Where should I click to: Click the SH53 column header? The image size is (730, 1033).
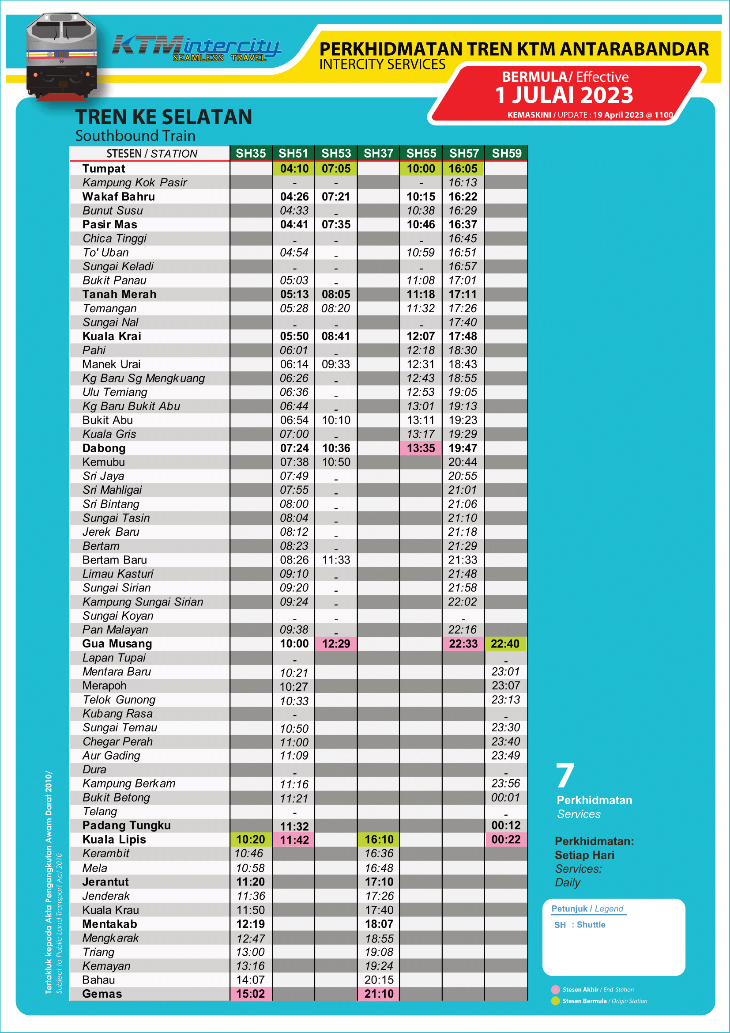pyautogui.click(x=336, y=153)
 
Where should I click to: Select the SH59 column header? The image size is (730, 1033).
pyautogui.click(x=506, y=153)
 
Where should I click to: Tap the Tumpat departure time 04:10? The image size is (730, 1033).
pyautogui.click(x=294, y=169)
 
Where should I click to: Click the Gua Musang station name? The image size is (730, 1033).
pyautogui.click(x=117, y=644)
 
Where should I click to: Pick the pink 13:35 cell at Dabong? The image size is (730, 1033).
pyautogui.click(x=421, y=448)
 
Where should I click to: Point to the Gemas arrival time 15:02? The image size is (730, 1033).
pyautogui.click(x=250, y=994)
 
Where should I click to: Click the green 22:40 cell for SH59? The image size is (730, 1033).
pyautogui.click(x=505, y=644)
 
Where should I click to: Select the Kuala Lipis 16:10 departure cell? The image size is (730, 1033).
pyautogui.click(x=379, y=840)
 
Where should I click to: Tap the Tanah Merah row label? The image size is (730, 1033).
pyautogui.click(x=119, y=294)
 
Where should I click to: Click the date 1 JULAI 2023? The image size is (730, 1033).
pyautogui.click(x=564, y=95)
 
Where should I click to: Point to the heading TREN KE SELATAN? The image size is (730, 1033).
pyautogui.click(x=164, y=117)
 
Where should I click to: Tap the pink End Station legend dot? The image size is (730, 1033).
pyautogui.click(x=555, y=989)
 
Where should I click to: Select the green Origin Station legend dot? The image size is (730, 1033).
pyautogui.click(x=555, y=1001)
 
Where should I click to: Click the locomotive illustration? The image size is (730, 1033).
pyautogui.click(x=62, y=56)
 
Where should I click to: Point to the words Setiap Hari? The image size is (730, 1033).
pyautogui.click(x=584, y=855)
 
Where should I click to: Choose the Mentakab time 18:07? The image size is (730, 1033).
pyautogui.click(x=379, y=924)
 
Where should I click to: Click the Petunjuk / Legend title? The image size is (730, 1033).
pyautogui.click(x=587, y=908)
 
